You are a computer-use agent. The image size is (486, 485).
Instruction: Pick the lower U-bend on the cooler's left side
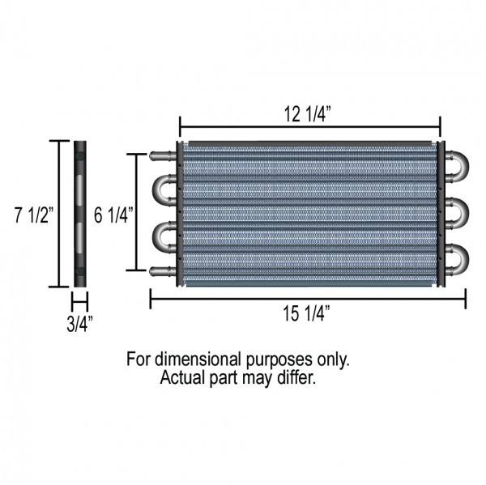click(x=162, y=237)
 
